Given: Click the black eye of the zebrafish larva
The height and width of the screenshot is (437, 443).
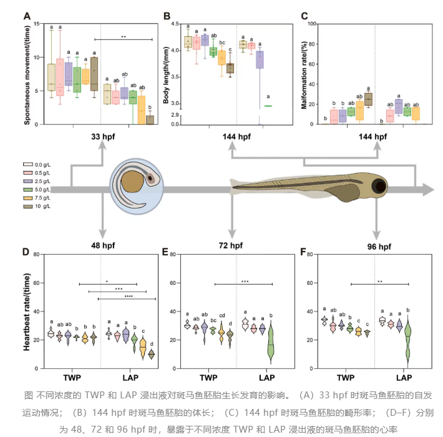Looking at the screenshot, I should (x=380, y=187).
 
